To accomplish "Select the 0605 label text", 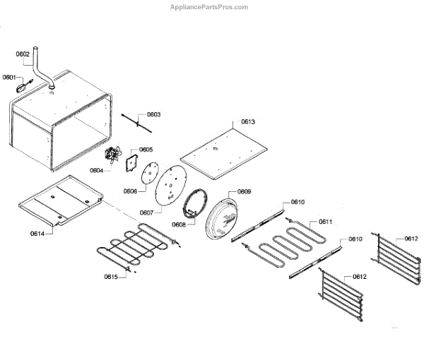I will [146, 150].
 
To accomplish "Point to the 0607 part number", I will [146, 212].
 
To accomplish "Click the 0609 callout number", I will [244, 192].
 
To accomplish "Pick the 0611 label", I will [325, 222].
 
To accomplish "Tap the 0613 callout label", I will [247, 121].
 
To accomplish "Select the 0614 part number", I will [37, 233].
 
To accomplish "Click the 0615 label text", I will [111, 276].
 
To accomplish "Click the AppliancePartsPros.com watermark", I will [209, 7].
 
